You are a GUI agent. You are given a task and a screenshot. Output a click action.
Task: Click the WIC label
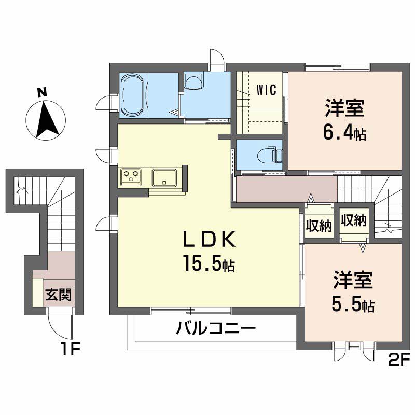coord(266,90)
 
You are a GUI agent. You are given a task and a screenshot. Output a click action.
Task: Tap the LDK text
coord(209,239)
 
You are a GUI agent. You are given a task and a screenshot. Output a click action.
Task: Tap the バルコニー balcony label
coord(216,328)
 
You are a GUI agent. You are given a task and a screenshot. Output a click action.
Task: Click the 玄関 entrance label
coord(58,295)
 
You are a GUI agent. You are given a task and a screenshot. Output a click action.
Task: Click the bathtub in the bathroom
coord(133,95)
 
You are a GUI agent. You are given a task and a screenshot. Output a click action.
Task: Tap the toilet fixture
coord(269,155)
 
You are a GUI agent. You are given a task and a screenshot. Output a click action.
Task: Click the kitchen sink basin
coord(164,177)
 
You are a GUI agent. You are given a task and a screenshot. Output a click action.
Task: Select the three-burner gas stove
coord(131,177)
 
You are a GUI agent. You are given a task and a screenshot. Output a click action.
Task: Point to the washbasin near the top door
coord(194,81)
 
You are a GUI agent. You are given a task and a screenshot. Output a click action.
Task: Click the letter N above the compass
coord(42,92)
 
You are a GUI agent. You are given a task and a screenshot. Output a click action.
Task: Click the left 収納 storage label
coord(319,226)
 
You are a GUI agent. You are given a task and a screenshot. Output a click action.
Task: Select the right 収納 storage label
coord(353,220)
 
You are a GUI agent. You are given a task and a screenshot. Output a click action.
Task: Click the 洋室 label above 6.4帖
coord(344,108)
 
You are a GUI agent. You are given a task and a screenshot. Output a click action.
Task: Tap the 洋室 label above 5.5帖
coord(353,280)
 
